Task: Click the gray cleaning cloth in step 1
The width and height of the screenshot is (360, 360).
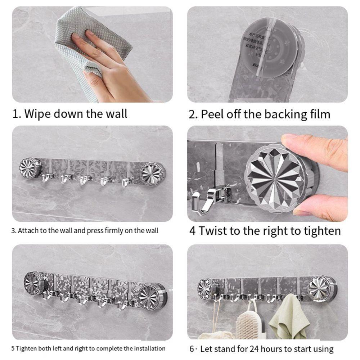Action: click(108, 40)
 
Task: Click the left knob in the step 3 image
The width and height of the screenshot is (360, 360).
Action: click(30, 167)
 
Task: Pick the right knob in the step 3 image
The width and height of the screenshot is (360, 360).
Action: click(152, 173)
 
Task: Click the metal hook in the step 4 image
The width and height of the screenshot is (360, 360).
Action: click(205, 202)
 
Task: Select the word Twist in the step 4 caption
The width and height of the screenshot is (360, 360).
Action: click(213, 230)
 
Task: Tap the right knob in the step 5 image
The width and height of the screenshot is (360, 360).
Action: click(152, 296)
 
